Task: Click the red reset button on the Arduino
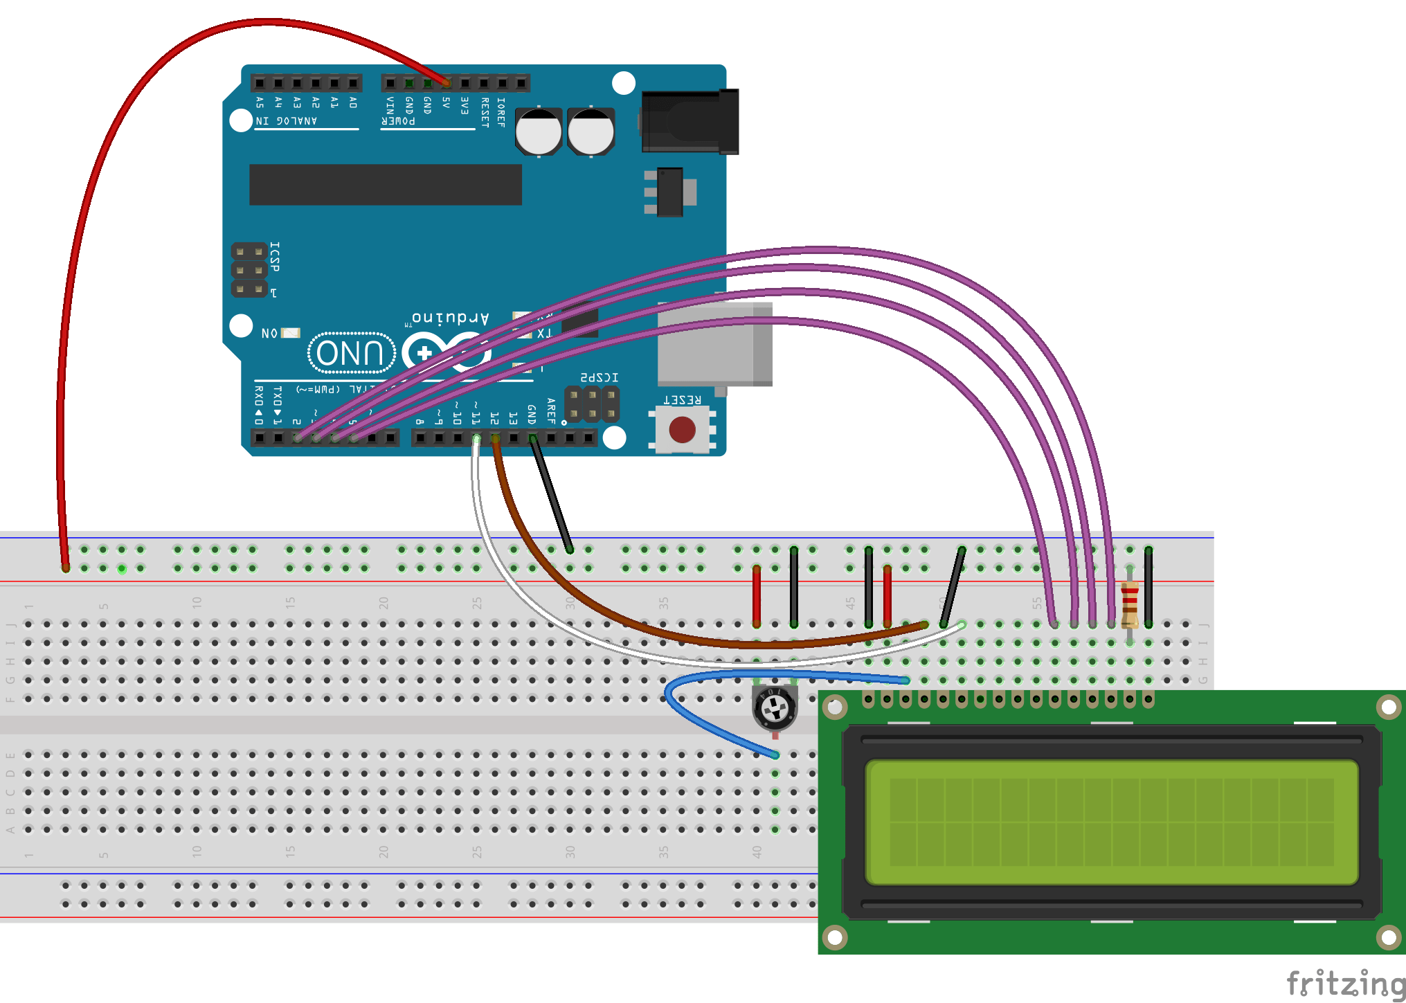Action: tap(682, 430)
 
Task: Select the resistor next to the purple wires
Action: tap(1129, 605)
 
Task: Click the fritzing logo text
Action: tap(1345, 984)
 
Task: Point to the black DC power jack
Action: tap(689, 122)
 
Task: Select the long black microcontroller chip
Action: tap(385, 185)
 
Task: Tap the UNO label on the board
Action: tap(351, 353)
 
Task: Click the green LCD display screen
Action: tap(1111, 822)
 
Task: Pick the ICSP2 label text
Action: tap(599, 377)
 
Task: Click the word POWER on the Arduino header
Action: tap(398, 121)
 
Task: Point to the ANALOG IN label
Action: tap(287, 121)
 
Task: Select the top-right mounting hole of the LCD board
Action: tap(1389, 707)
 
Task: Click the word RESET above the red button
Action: tap(682, 400)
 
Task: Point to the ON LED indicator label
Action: tap(270, 334)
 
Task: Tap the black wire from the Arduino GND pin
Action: tap(551, 496)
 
